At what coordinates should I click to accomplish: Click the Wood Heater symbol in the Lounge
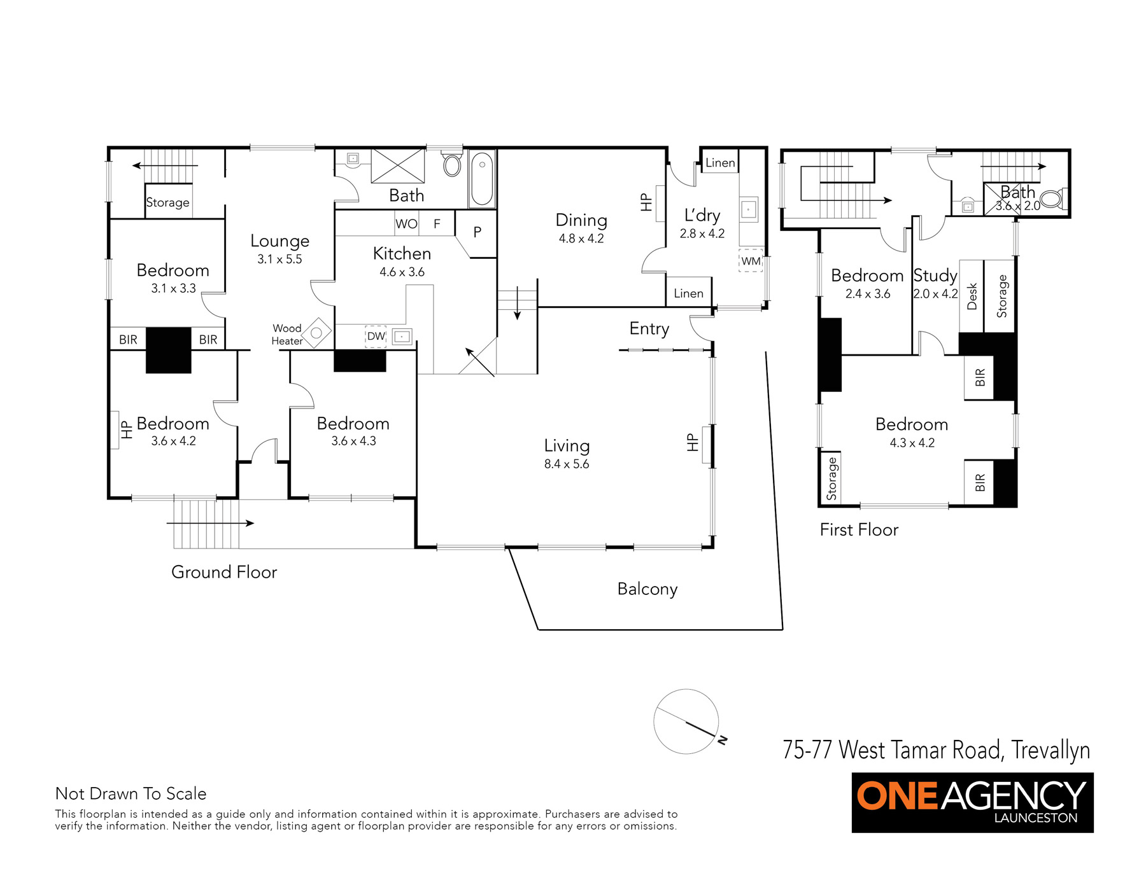(x=316, y=333)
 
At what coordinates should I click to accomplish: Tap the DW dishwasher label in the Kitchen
(x=376, y=336)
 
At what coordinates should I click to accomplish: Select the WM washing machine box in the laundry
(x=751, y=261)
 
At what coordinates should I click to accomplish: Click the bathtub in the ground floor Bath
(x=482, y=179)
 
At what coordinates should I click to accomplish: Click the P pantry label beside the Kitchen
(x=477, y=233)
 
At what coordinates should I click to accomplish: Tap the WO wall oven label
(x=406, y=224)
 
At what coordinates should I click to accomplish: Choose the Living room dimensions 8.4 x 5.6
(x=567, y=464)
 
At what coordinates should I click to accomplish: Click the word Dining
(x=581, y=220)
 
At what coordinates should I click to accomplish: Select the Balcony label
(x=647, y=589)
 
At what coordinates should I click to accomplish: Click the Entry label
(x=649, y=329)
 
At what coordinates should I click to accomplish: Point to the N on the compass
(x=723, y=740)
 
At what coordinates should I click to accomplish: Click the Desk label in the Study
(x=972, y=296)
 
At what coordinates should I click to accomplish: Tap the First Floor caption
(x=859, y=530)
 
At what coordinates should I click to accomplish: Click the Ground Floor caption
(x=224, y=572)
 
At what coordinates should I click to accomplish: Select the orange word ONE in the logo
(x=898, y=796)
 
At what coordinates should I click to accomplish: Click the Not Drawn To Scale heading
(x=131, y=793)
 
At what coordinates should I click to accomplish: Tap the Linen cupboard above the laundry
(x=720, y=163)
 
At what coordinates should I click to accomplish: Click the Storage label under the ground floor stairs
(x=167, y=202)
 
